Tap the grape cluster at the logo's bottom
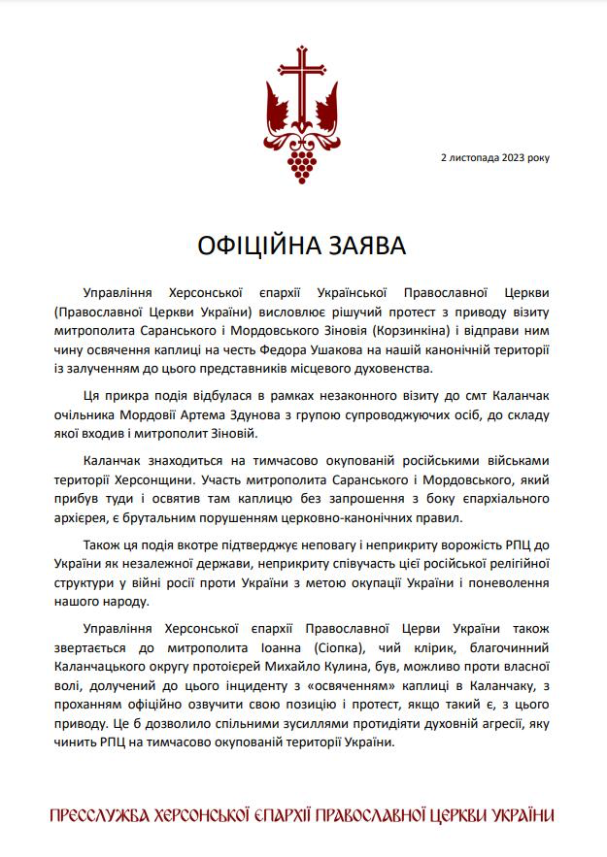(x=303, y=159)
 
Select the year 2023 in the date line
(x=514, y=156)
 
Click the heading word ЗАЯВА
(x=366, y=244)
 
